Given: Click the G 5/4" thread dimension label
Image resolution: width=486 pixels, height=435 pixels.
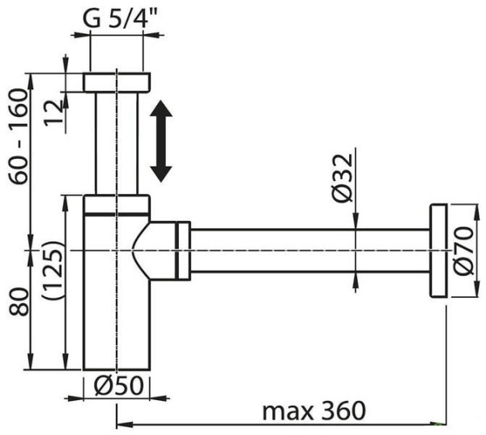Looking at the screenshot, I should pyautogui.click(x=119, y=17).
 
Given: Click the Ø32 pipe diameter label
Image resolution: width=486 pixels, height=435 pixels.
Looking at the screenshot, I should pyautogui.click(x=340, y=179).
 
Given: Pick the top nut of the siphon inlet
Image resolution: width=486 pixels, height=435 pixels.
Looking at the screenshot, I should pyautogui.click(x=117, y=82).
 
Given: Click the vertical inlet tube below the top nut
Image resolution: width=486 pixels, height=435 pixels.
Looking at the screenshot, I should pyautogui.click(x=117, y=142).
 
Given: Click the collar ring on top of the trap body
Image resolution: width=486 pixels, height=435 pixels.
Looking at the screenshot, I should pyautogui.click(x=117, y=204).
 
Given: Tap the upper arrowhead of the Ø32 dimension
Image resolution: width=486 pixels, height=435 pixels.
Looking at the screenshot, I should pyautogui.click(x=355, y=223).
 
